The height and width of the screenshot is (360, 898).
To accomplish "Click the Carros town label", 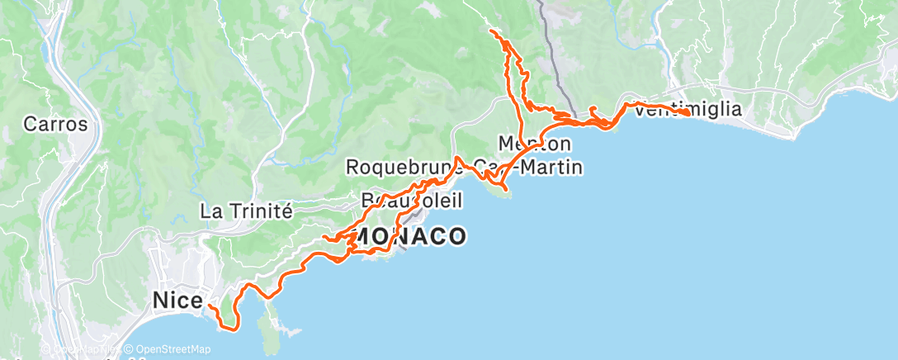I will [55, 125].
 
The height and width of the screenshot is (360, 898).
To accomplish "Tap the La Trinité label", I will [246, 211].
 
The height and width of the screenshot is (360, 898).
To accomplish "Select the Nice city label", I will [177, 301].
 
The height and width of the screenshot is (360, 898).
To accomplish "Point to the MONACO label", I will [409, 237].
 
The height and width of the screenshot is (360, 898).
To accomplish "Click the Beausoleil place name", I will [411, 201].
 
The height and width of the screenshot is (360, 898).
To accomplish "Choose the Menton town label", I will [535, 143].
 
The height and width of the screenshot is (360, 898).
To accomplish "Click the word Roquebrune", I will [399, 168].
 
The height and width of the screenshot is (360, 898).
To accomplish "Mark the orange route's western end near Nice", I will [208, 306].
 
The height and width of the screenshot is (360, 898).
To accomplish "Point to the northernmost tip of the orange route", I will [492, 31].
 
